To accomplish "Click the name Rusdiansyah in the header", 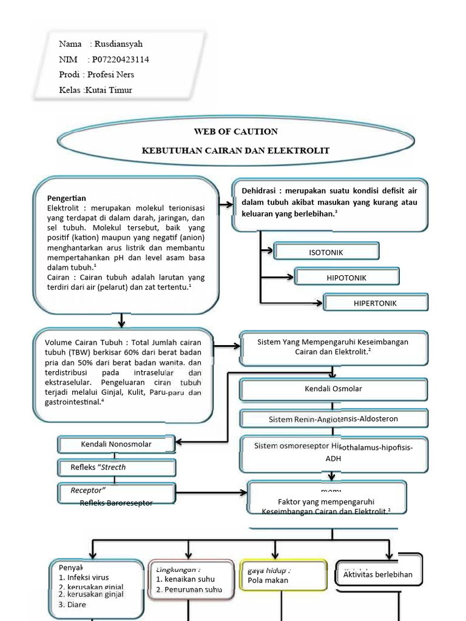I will pyautogui.click(x=118, y=44).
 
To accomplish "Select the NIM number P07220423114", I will pyautogui.click(x=121, y=59).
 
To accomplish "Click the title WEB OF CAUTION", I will pyautogui.click(x=235, y=131).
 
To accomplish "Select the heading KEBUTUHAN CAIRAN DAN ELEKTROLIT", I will pyautogui.click(x=235, y=150).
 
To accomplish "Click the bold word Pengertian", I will pyautogui.click(x=67, y=198).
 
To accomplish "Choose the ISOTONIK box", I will pyautogui.click(x=326, y=252).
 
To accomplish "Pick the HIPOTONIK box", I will pyautogui.click(x=346, y=278).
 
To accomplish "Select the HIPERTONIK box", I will pyautogui.click(x=375, y=303).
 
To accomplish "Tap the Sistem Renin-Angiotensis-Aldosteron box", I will pyautogui.click(x=333, y=419).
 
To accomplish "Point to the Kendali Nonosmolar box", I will pyautogui.click(x=116, y=445).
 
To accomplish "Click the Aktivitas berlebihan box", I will pyautogui.click(x=377, y=574).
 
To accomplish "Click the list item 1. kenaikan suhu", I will pyautogui.click(x=185, y=579).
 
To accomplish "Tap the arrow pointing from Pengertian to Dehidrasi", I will pyautogui.click(x=225, y=206).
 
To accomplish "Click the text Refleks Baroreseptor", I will pyautogui.click(x=116, y=503).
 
